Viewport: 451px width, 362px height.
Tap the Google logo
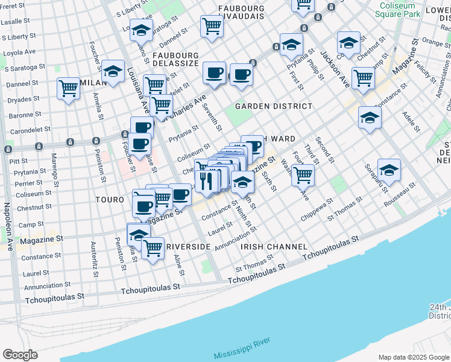coord(20,355)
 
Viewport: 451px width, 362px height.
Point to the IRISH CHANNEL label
coord(274,247)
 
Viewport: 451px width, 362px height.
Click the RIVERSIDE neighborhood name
coord(188,247)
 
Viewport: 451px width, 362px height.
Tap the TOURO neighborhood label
coord(109,198)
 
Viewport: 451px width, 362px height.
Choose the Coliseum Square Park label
coord(399,9)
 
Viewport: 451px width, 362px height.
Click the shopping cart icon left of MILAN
coord(68,89)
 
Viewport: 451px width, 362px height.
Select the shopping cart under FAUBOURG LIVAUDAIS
coord(212,26)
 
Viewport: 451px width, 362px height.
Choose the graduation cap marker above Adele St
coord(369,117)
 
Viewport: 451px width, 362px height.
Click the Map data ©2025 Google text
coord(413,357)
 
